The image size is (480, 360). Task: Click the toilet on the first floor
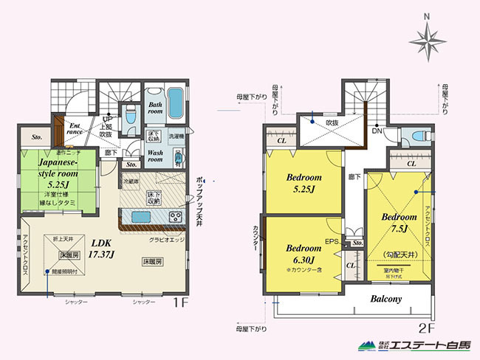(130, 115)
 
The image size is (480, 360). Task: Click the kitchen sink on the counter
(141, 216)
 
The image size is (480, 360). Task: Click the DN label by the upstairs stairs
(376, 131)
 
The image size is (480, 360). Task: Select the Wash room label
(156, 157)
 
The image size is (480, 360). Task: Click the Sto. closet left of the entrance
(36, 136)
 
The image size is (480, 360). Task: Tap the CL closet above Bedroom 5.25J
(282, 139)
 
